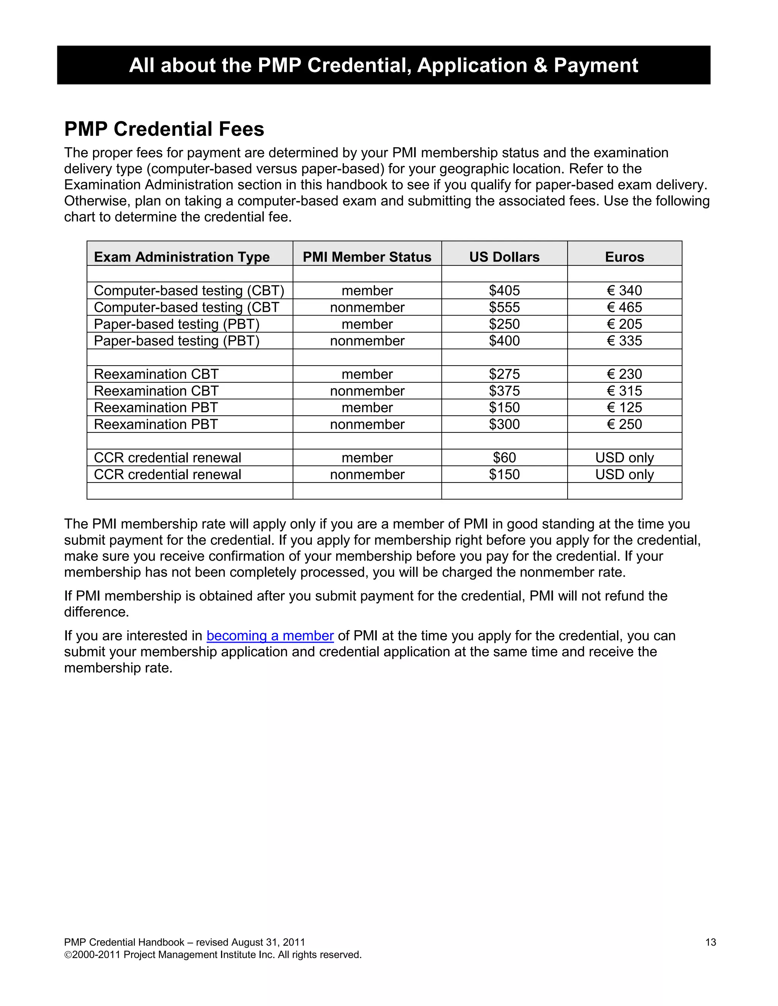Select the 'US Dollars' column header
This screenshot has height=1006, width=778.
click(504, 257)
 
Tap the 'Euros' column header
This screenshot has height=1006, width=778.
click(624, 257)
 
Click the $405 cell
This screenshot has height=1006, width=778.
click(504, 291)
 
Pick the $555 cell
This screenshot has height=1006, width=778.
click(504, 307)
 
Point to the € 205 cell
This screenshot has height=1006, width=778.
click(624, 324)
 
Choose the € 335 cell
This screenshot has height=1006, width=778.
click(624, 341)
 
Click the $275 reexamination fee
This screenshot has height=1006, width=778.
click(504, 374)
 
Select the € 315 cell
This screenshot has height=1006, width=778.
click(624, 391)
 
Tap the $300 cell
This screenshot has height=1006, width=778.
click(504, 424)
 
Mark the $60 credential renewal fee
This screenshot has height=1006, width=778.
click(504, 458)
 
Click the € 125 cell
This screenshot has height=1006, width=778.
click(624, 408)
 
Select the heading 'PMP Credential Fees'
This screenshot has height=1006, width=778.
click(164, 129)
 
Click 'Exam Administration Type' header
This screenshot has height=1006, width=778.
click(182, 257)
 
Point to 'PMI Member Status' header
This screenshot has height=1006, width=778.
click(367, 257)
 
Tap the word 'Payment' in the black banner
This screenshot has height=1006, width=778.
click(596, 65)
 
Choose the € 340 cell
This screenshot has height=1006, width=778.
click(624, 291)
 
